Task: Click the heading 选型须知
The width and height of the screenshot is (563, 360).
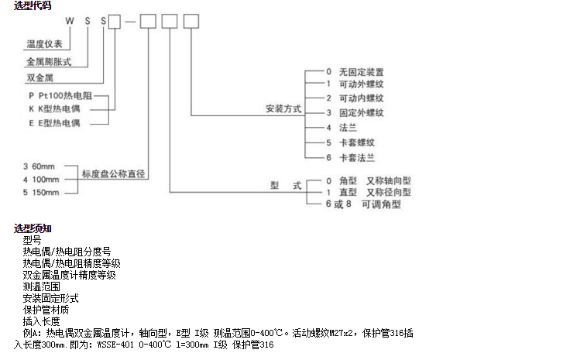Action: click(x=33, y=228)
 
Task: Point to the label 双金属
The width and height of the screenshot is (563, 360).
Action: click(x=38, y=77)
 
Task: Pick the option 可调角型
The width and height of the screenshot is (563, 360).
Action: click(x=386, y=205)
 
